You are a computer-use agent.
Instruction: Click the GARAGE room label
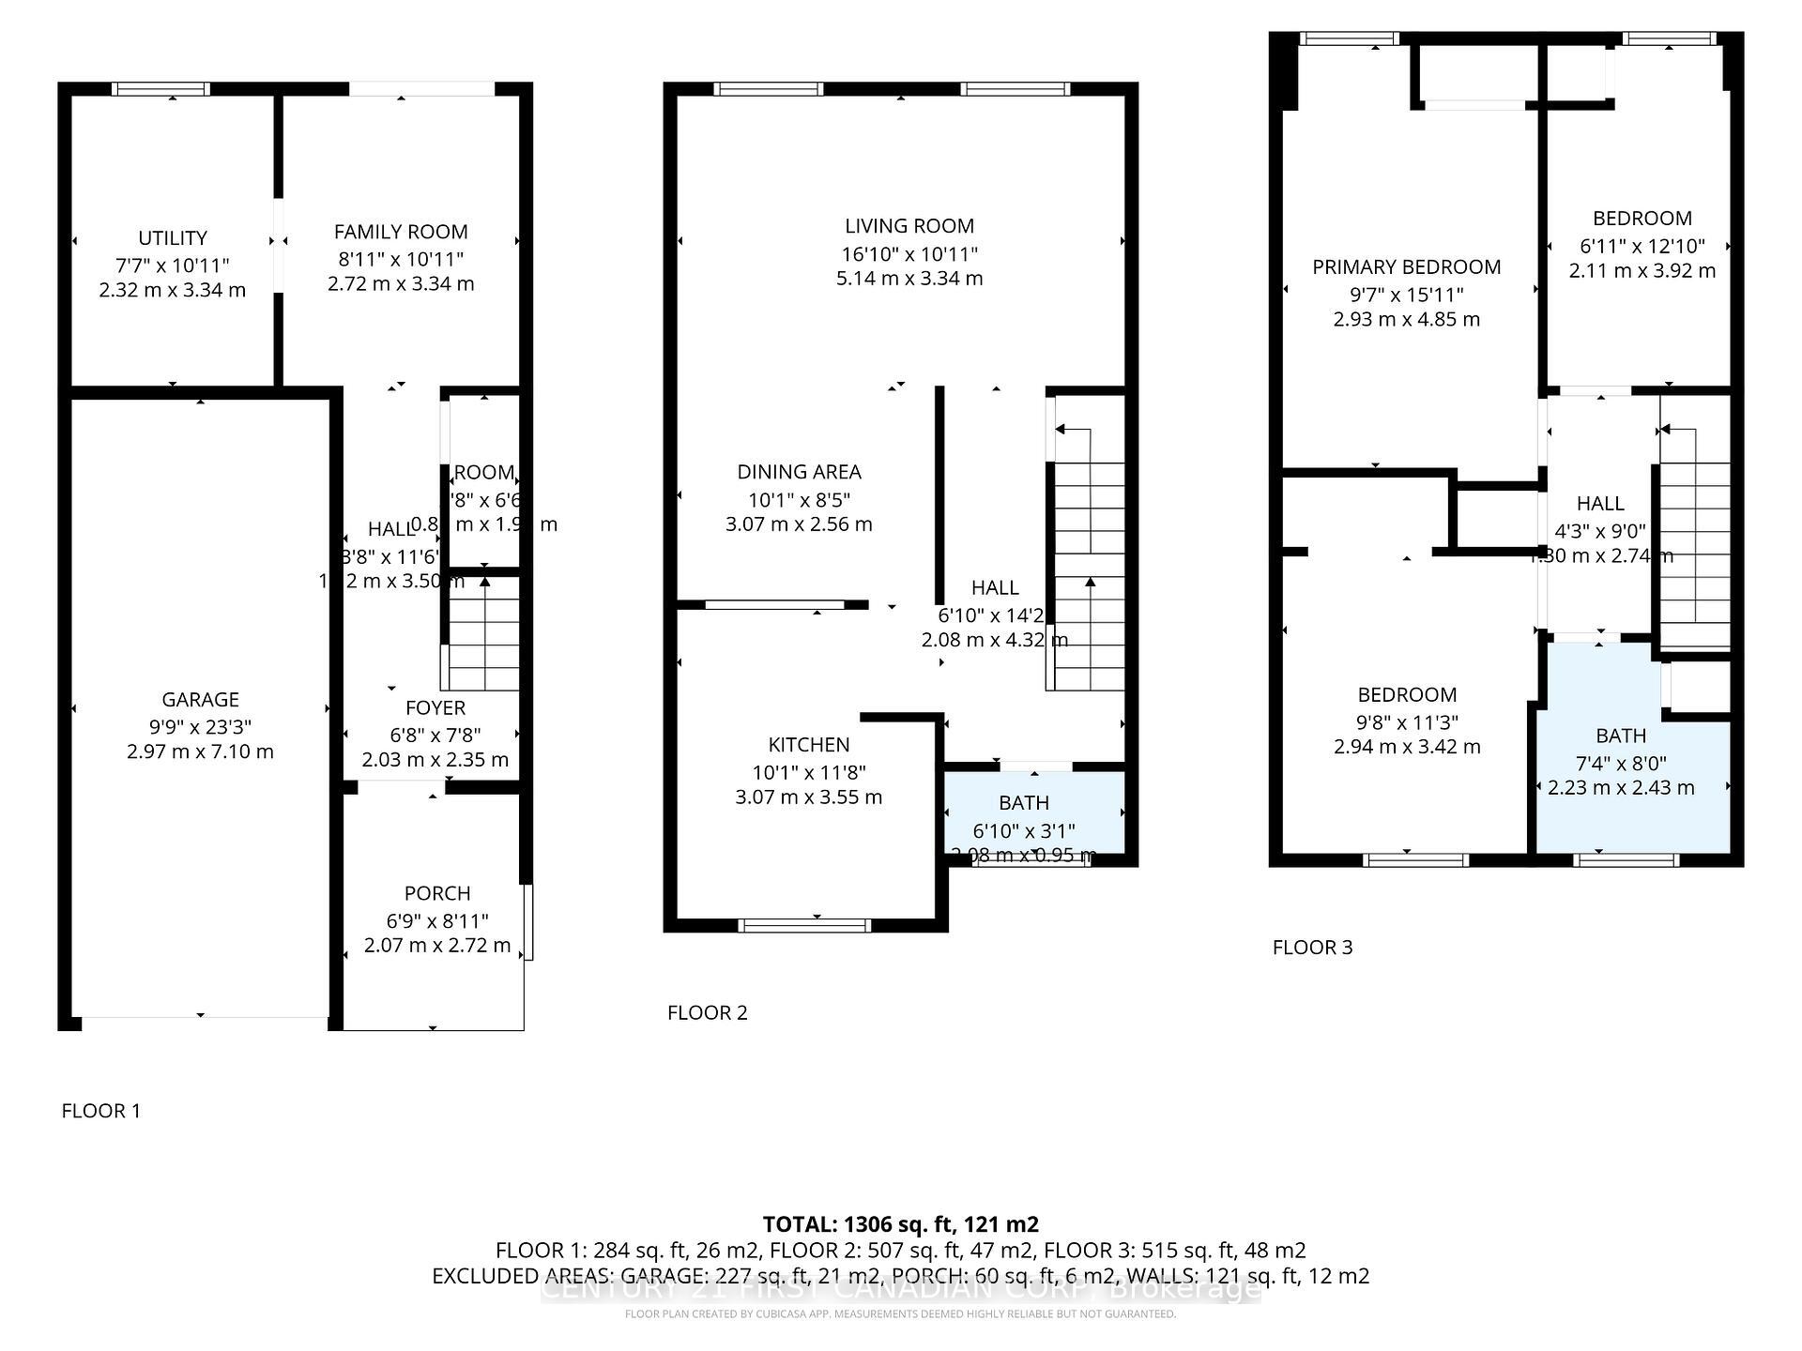200,700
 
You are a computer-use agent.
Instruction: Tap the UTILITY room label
172,238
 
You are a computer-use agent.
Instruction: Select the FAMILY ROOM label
401,232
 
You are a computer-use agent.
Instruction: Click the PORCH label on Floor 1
437,893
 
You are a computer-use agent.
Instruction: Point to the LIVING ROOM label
909,226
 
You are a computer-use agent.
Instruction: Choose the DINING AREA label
799,472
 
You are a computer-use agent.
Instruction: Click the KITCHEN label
808,745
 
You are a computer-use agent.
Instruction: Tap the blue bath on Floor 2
1033,812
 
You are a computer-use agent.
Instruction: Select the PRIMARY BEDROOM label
1406,267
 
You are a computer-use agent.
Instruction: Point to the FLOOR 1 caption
100,1111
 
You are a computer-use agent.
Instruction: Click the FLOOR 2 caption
707,1012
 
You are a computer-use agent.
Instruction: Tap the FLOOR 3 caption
1312,948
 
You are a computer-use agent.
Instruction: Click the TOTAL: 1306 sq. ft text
900,1224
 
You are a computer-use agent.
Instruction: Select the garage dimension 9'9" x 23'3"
200,727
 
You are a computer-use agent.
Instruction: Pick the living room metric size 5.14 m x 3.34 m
909,279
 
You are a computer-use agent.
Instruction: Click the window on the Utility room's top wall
160,89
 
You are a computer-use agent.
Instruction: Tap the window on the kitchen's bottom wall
804,925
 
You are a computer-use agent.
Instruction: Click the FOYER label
435,708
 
